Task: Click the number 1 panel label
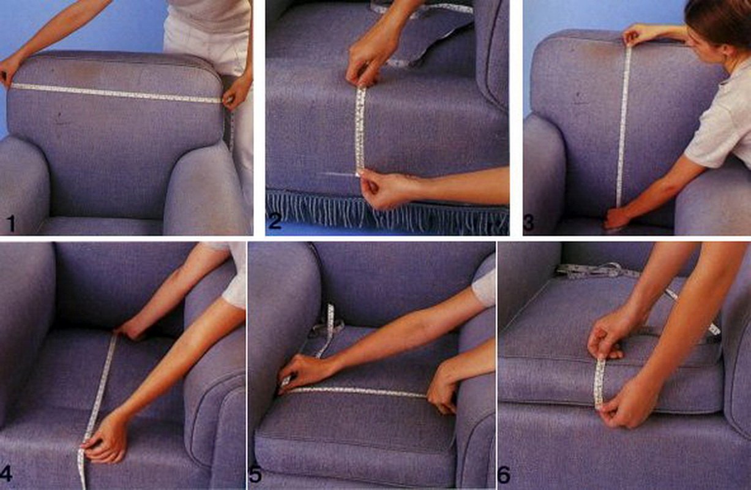click(x=12, y=223)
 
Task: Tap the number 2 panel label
click(x=275, y=221)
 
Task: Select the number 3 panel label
click(x=529, y=223)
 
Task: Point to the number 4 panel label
click(x=6, y=474)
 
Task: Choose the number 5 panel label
click(x=255, y=475)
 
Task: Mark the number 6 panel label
click(x=504, y=475)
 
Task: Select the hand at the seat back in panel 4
click(x=131, y=331)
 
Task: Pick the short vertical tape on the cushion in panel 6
click(x=600, y=383)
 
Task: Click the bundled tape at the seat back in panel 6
click(x=594, y=271)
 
